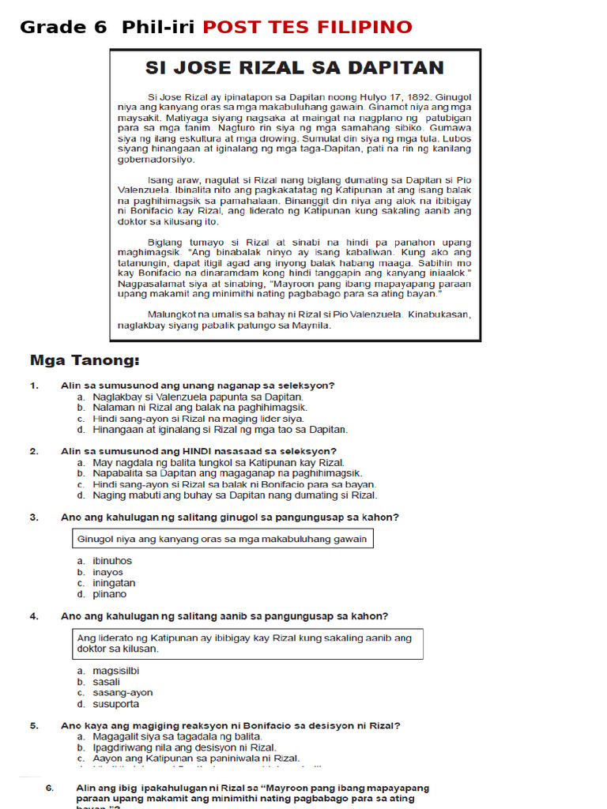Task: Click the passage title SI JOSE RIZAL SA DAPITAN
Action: coord(294,68)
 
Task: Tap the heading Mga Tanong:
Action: coord(84,361)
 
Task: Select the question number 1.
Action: coord(34,386)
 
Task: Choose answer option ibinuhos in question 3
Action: coord(111,561)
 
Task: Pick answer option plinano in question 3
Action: coord(109,594)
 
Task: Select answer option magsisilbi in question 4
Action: coord(115,671)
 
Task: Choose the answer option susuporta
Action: coord(115,704)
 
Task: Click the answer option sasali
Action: coord(106,682)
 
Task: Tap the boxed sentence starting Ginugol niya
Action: coord(222,539)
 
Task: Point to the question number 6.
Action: coord(49,788)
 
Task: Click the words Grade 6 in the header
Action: coord(63,28)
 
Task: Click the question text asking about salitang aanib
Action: coord(224,616)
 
